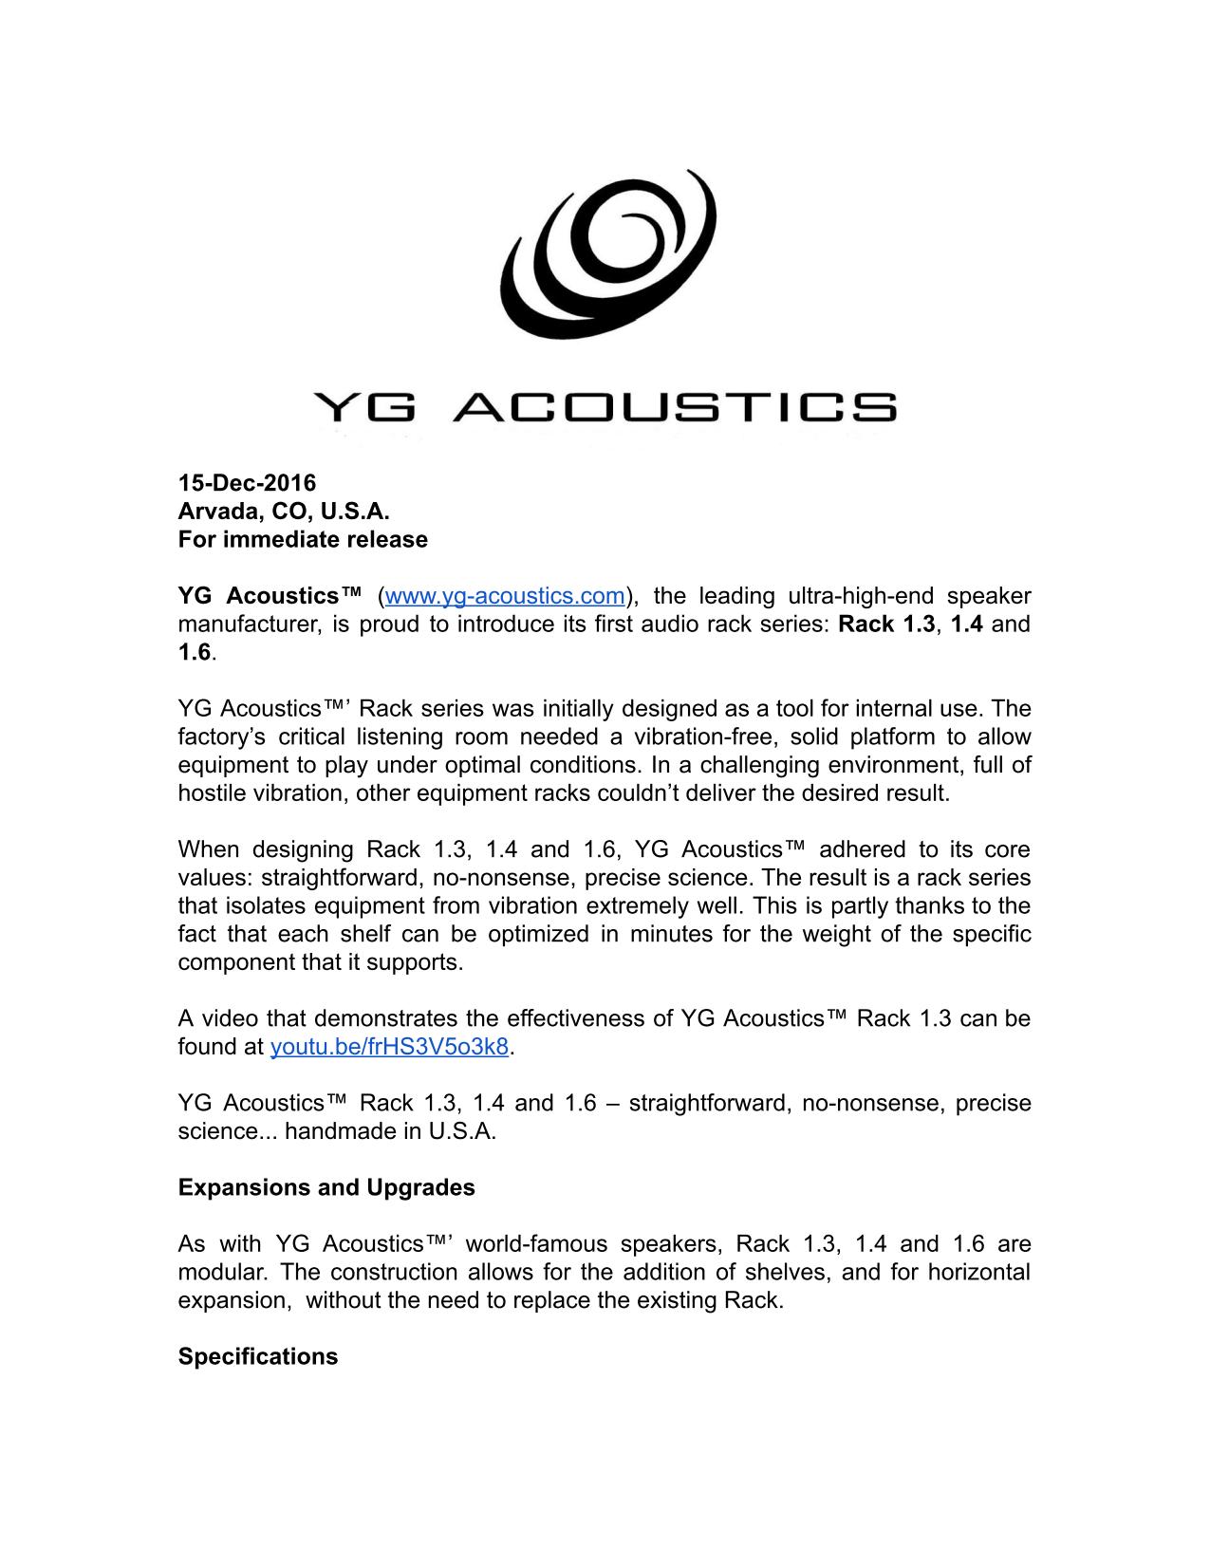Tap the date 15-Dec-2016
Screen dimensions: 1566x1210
pos(247,483)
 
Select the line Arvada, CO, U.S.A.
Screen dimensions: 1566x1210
pos(284,512)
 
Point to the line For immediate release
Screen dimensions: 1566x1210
pos(303,540)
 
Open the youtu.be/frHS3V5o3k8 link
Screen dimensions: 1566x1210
pos(390,1047)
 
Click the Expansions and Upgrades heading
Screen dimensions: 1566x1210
pos(326,1187)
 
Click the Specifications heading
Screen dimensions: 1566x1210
pos(258,1356)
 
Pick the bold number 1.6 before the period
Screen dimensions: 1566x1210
pos(195,653)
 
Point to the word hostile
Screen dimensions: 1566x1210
pos(209,793)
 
